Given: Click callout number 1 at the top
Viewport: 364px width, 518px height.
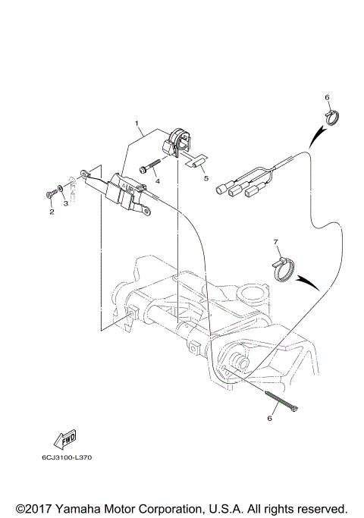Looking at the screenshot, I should [x=137, y=121].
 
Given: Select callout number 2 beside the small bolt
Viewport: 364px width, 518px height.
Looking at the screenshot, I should [x=52, y=212].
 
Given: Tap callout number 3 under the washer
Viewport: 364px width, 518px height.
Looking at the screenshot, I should [x=66, y=203].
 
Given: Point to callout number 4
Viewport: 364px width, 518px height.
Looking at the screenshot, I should [x=157, y=181].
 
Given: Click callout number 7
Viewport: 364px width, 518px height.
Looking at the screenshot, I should [x=278, y=242].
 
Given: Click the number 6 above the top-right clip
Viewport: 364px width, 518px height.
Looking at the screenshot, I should [x=327, y=98].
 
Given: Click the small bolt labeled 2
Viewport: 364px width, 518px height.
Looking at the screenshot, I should [x=51, y=196].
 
